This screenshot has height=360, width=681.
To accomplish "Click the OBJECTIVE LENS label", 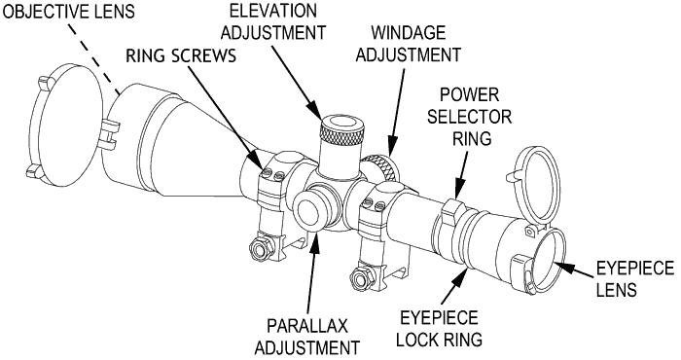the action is pyautogui.click(x=69, y=11).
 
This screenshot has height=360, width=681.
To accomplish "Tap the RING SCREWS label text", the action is pyautogui.click(x=181, y=55).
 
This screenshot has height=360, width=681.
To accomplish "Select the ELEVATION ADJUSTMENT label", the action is pyautogui.click(x=273, y=21).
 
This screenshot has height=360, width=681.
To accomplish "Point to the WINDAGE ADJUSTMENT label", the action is pyautogui.click(x=409, y=44).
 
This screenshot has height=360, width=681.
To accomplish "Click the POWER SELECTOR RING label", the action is pyautogui.click(x=470, y=117).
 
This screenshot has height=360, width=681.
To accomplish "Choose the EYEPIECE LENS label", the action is pyautogui.click(x=635, y=278).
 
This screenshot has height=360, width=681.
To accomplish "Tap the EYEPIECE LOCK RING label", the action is pyautogui.click(x=439, y=329).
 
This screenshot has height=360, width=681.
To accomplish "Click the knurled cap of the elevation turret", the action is pyautogui.click(x=342, y=130).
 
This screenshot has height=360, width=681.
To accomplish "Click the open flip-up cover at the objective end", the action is pyautogui.click(x=66, y=126).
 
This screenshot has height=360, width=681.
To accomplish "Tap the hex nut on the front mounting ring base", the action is pyautogui.click(x=262, y=248).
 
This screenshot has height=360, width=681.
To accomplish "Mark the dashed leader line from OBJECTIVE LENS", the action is pyautogui.click(x=93, y=58).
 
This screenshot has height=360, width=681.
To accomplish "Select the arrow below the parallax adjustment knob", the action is pyautogui.click(x=312, y=272).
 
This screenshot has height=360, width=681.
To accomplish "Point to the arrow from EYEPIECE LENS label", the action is pyautogui.click(x=575, y=270).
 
